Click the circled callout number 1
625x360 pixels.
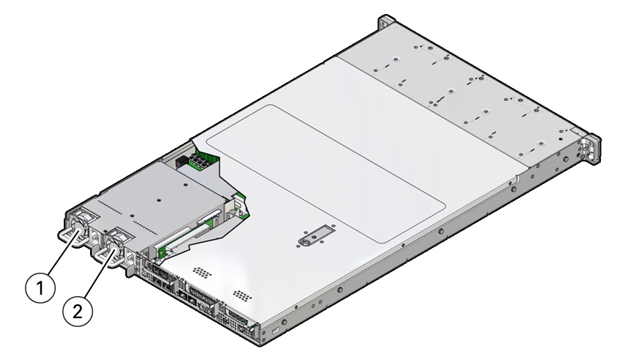pyautogui.click(x=40, y=287)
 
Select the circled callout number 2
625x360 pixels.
pyautogui.click(x=78, y=311)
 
